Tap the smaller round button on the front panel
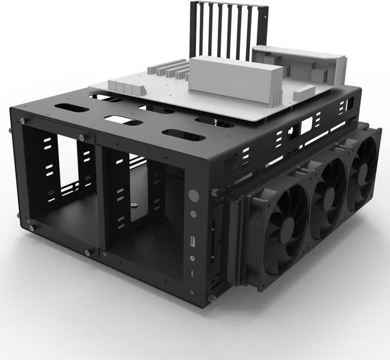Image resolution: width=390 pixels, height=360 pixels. pos(193,214)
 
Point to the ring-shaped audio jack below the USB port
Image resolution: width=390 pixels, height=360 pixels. pos(193,257)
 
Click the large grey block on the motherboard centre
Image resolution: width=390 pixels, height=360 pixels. pos(233,80)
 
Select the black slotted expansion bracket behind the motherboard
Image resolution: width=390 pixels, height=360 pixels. pos(228,30)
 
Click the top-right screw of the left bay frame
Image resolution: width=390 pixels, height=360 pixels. pos(82,138)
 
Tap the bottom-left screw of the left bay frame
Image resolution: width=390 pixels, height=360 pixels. pos(31,228)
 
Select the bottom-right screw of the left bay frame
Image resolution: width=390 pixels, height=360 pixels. pos(88,252)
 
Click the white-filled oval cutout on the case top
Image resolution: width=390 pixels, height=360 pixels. pos(122,120)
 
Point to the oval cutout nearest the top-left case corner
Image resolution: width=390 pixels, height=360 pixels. pos(71,107)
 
